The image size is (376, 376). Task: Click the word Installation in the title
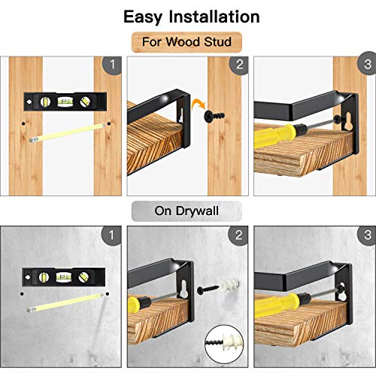click(214, 17)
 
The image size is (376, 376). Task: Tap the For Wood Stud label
click(186, 42)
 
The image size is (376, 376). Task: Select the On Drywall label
click(186, 211)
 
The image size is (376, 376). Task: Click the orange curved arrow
click(198, 104)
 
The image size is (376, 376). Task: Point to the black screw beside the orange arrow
click(214, 116)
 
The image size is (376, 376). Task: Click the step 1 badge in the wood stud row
click(112, 65)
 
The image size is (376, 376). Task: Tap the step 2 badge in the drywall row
click(238, 235)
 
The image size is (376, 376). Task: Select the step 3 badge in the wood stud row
click(367, 64)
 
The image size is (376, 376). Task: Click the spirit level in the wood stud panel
click(65, 102)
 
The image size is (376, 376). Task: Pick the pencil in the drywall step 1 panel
click(65, 303)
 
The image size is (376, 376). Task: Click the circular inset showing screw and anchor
click(224, 344)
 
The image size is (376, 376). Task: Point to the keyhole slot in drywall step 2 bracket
click(183, 289)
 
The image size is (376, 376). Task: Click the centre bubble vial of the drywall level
click(62, 277)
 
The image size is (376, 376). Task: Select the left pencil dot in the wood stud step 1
click(23, 123)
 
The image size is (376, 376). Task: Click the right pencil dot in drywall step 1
click(108, 294)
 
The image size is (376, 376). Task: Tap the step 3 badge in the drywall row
click(367, 235)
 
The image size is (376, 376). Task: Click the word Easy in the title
click(143, 17)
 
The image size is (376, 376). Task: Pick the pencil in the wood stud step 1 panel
click(66, 133)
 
